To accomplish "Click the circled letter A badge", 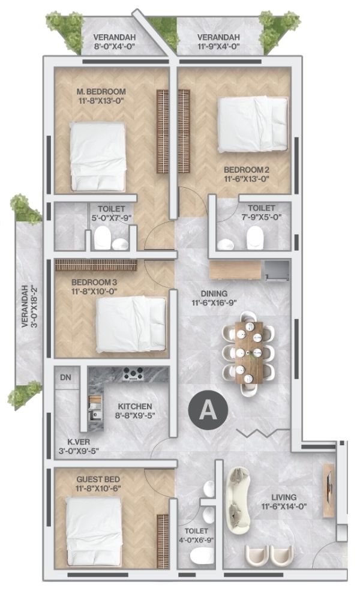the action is (208, 410).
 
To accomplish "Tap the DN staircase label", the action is (66, 377).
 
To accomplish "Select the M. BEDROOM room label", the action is (101, 92).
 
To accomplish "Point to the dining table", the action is (249, 352).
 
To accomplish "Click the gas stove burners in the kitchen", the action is (133, 373).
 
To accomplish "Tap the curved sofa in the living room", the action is (238, 497).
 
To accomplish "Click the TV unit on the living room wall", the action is (328, 490).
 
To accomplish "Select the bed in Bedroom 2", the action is (253, 124).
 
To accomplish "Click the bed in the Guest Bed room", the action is (94, 531).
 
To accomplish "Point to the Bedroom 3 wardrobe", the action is (96, 265).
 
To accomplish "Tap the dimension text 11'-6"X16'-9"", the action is (215, 302).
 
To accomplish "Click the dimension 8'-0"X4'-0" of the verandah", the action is (115, 47).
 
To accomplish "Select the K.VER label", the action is (79, 442).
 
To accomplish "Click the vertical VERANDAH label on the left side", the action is (25, 306).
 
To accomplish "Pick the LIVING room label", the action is (284, 497).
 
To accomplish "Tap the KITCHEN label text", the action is (134, 406).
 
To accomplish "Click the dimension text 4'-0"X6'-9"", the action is (196, 540).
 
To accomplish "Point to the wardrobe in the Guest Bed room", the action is (163, 541).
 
